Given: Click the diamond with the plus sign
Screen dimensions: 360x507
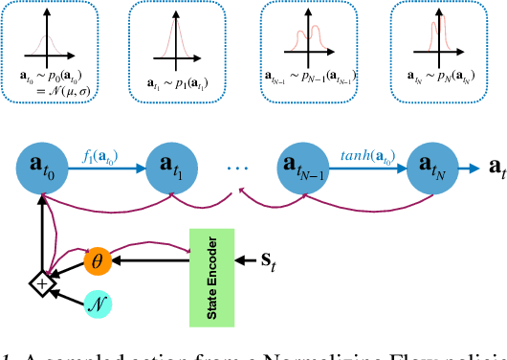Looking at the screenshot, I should tap(40, 282).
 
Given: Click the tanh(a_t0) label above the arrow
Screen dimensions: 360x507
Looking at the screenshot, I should tap(368, 150).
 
